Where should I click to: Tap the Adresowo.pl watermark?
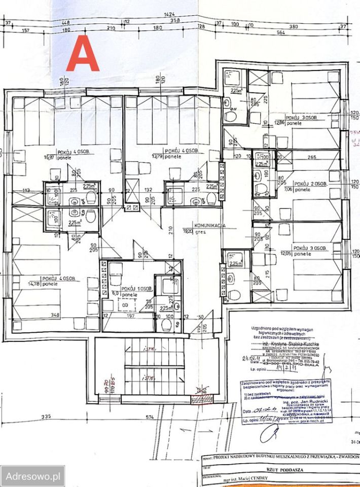click(x=32, y=476)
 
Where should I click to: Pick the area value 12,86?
click(x=278, y=122)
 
